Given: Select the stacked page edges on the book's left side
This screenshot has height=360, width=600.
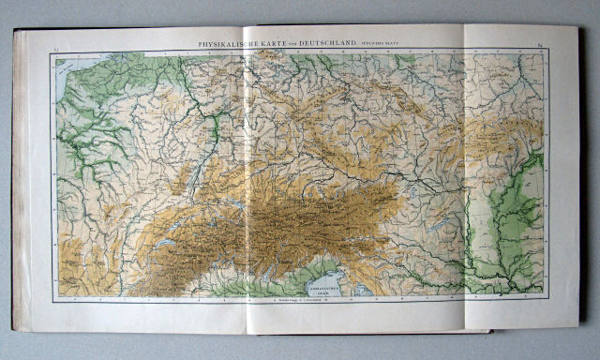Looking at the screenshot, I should coord(21,178).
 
